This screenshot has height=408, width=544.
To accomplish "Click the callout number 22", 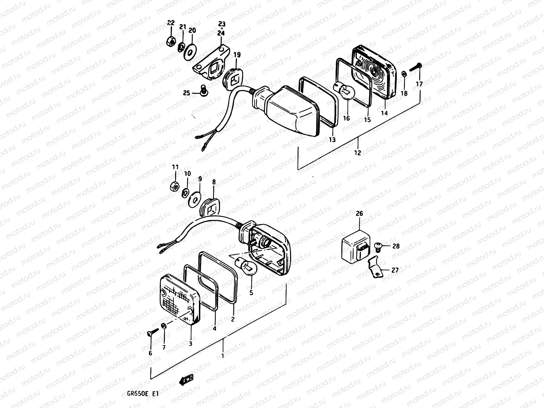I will point(171,23).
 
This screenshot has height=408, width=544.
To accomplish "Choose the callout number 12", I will point(357,153).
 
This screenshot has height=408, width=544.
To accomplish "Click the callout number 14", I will point(384,114).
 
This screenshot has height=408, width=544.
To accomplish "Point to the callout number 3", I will point(190,344).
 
